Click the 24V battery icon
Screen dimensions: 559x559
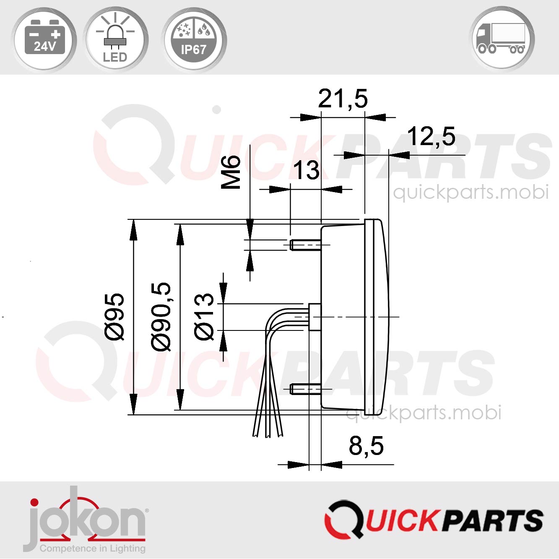pyautogui.click(x=44, y=39)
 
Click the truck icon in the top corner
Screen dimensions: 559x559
pyautogui.click(x=502, y=39)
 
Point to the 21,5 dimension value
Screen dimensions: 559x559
pyautogui.click(x=343, y=99)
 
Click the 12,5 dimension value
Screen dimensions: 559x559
pyautogui.click(x=431, y=137)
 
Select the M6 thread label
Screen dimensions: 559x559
pyautogui.click(x=231, y=172)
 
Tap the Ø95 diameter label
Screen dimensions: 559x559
pyautogui.click(x=114, y=317)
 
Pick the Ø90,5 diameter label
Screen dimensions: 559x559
pyautogui.click(x=161, y=317)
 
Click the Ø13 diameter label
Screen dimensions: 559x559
pyautogui.click(x=205, y=317)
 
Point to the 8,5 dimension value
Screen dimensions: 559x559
pyautogui.click(x=366, y=446)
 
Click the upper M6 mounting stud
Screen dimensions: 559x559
pyautogui.click(x=305, y=245)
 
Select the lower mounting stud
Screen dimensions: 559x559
pyautogui.click(x=305, y=389)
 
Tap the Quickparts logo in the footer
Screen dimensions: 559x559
pyautogui.click(x=434, y=520)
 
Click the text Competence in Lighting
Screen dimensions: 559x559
pyautogui.click(x=93, y=549)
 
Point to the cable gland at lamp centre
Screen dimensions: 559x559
pyautogui.click(x=315, y=317)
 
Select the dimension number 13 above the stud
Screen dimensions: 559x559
pyautogui.click(x=306, y=171)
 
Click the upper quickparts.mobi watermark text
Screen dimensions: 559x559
pyautogui.click(x=471, y=192)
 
